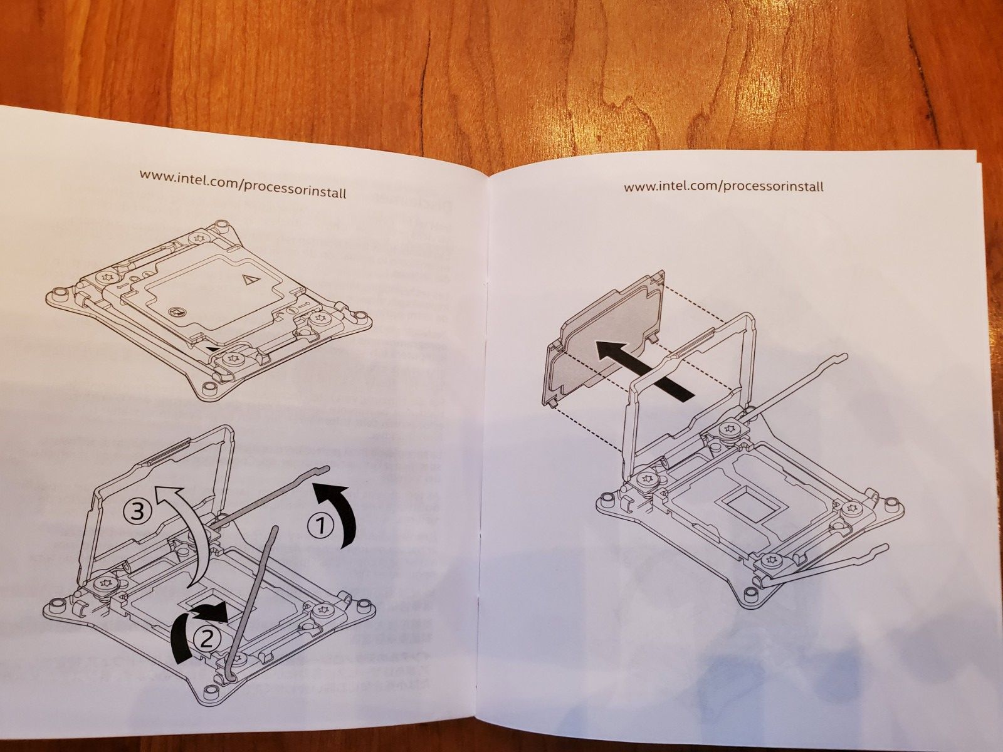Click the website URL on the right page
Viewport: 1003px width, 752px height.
pos(723,187)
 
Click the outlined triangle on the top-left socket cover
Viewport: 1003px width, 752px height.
pos(249,279)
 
